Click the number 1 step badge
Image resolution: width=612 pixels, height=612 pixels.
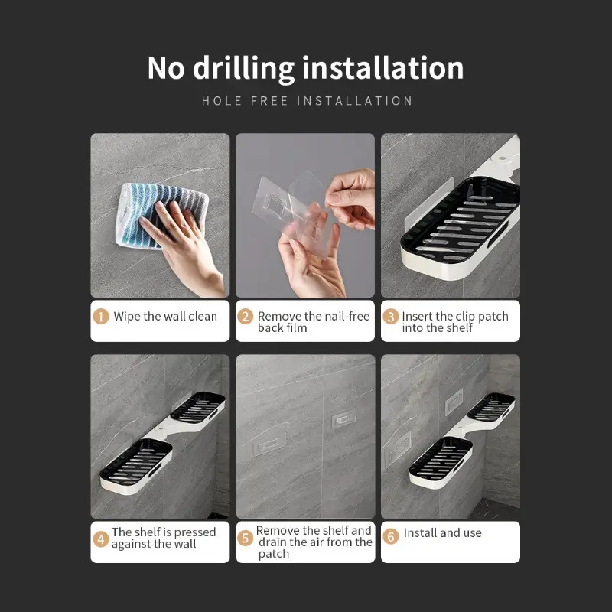coord(101,317)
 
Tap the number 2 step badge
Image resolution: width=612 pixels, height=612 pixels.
coord(245,317)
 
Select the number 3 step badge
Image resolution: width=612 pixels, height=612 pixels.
coord(390,317)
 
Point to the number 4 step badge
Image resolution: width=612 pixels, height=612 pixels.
coord(101,539)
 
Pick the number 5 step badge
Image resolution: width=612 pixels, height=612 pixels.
coord(245,539)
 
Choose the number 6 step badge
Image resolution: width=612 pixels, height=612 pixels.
coord(391,536)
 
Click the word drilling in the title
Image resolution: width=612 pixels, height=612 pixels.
coord(243,69)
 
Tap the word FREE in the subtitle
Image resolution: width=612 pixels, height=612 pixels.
coord(269,101)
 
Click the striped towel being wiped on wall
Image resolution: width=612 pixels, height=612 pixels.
coord(161,215)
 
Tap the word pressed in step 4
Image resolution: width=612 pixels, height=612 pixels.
coord(194,532)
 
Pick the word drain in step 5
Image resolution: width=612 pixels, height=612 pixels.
coord(273,542)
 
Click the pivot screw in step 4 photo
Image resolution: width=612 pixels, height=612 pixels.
coord(161,433)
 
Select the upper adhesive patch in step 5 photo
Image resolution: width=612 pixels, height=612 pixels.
coord(343,420)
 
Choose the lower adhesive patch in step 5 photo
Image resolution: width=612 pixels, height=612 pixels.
coord(269,445)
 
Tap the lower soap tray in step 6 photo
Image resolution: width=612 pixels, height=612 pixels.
coord(441,462)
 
